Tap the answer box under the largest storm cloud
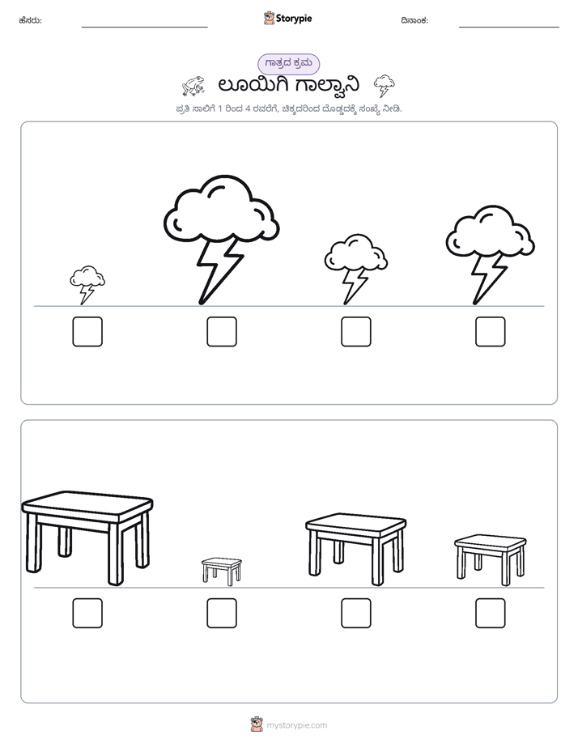(222, 332)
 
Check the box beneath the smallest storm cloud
(87, 332)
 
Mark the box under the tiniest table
(222, 613)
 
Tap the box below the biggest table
(87, 613)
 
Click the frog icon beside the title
(193, 86)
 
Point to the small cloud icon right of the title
(385, 85)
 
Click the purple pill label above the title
(288, 64)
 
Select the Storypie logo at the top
(288, 18)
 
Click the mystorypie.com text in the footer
(296, 725)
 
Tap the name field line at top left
(144, 28)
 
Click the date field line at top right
(509, 28)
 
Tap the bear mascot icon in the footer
(257, 725)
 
